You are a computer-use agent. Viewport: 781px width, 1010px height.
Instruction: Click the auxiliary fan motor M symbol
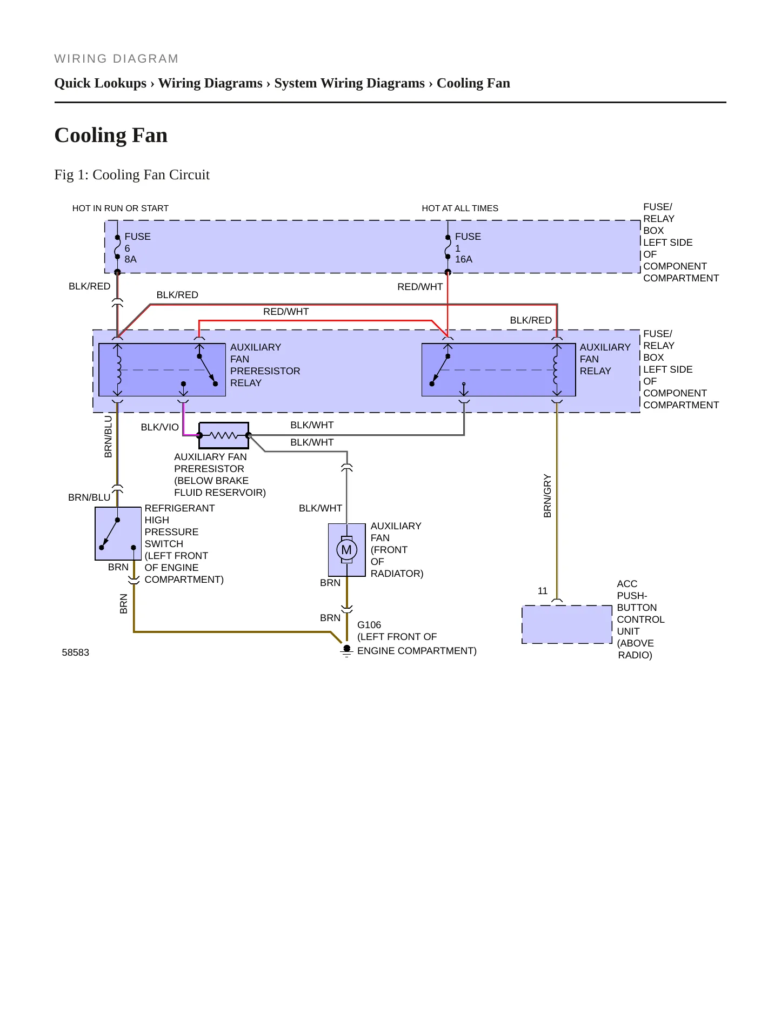[347, 550]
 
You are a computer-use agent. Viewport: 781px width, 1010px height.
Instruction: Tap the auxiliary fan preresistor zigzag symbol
[224, 435]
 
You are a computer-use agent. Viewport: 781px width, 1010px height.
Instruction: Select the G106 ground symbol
[347, 650]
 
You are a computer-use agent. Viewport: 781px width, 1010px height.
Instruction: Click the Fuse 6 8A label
[137, 248]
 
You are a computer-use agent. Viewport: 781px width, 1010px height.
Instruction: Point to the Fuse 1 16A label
[468, 248]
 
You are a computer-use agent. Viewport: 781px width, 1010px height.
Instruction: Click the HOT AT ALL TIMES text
[460, 208]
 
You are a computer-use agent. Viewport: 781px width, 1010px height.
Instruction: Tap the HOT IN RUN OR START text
[121, 208]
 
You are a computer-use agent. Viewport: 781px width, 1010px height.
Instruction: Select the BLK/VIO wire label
[159, 427]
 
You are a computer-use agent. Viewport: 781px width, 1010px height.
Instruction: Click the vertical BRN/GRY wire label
[548, 496]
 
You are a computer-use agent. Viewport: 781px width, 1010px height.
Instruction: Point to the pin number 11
[543, 591]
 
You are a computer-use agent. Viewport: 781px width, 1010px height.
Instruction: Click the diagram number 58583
[76, 652]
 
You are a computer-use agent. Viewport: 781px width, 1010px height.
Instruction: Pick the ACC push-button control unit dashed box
[566, 624]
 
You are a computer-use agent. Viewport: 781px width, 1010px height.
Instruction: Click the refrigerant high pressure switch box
[118, 534]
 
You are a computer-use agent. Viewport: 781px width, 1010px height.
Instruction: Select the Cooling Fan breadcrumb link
[473, 83]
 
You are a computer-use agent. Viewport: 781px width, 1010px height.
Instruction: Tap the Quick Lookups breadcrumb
[101, 83]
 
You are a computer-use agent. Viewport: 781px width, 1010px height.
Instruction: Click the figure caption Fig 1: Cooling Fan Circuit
[132, 174]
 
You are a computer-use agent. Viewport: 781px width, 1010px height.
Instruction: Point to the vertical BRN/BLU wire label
[108, 437]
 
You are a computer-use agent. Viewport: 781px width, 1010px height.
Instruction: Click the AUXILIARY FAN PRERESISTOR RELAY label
[265, 365]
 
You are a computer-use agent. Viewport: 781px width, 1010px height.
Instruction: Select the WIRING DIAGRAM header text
[116, 59]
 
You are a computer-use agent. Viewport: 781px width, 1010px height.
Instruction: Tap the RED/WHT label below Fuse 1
[420, 287]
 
